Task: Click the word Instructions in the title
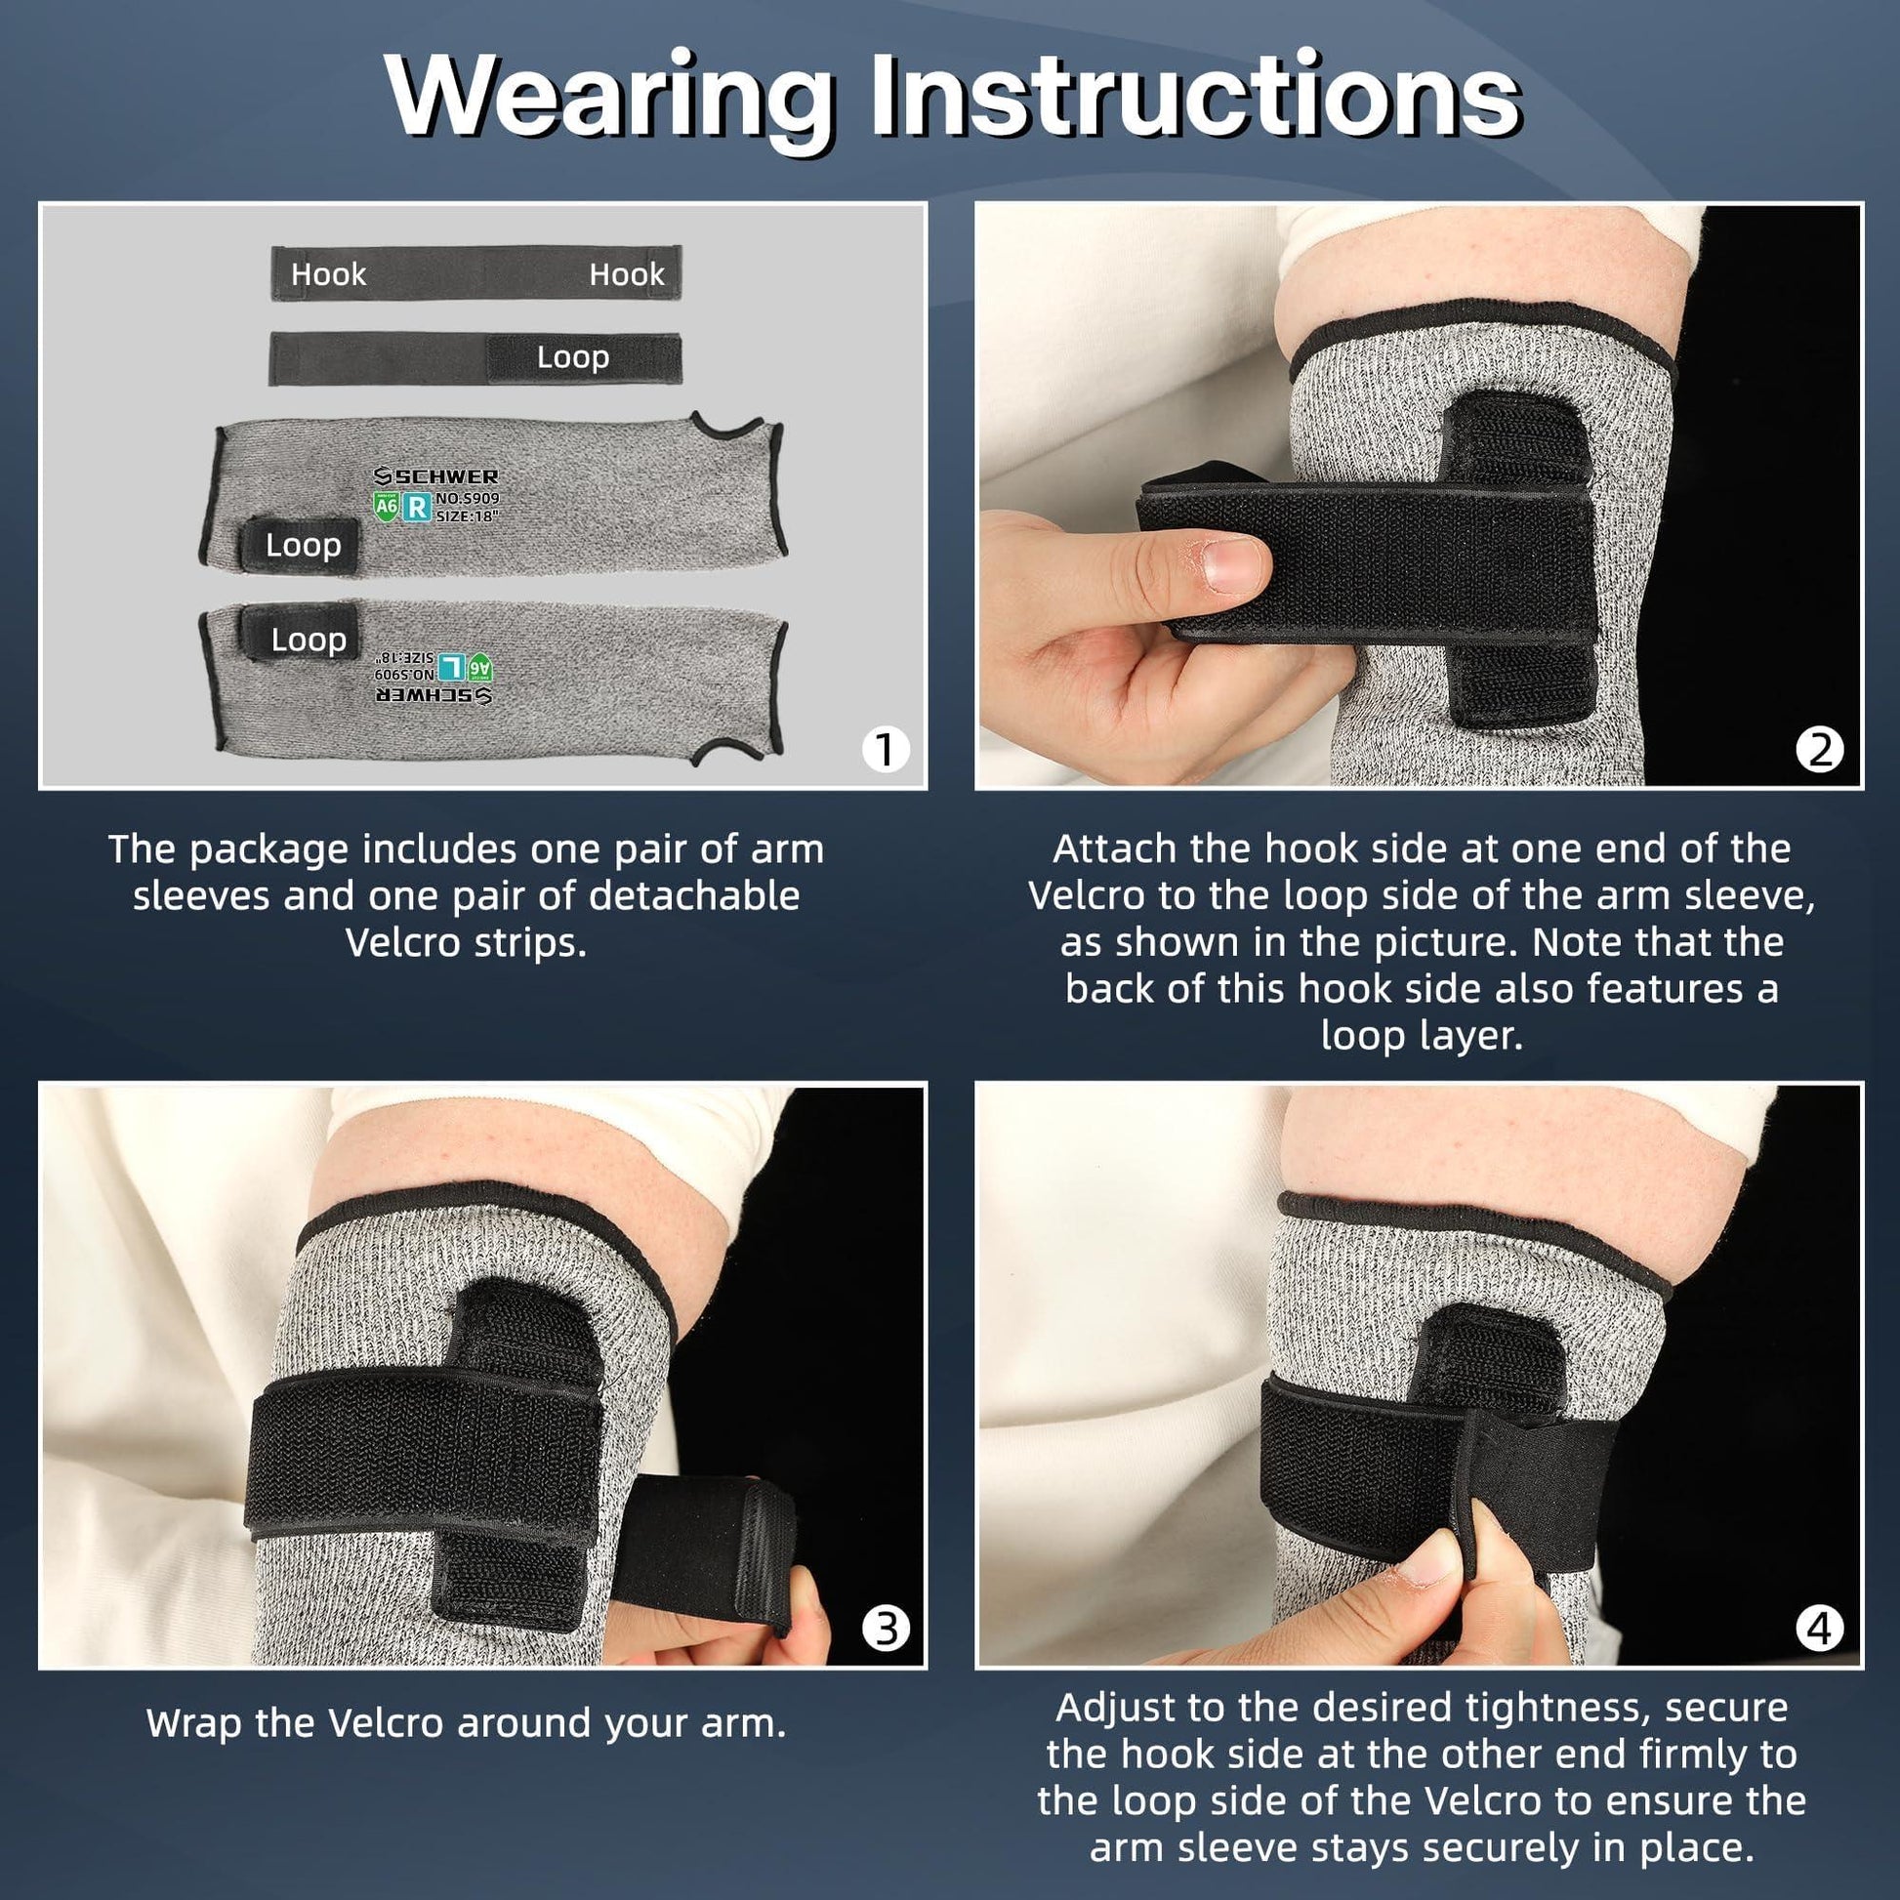pyautogui.click(x=1194, y=97)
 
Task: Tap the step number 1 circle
pyautogui.click(x=885, y=751)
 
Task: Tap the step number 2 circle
pyautogui.click(x=1819, y=751)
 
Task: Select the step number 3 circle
pyautogui.click(x=885, y=1629)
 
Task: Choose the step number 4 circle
pyautogui.click(x=1819, y=1629)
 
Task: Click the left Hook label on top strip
pyautogui.click(x=328, y=274)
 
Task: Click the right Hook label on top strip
pyautogui.click(x=627, y=274)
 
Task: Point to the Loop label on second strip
pyautogui.click(x=572, y=358)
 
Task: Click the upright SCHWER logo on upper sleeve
pyautogui.click(x=436, y=477)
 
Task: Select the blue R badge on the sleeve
pyautogui.click(x=418, y=508)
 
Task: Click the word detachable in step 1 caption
pyautogui.click(x=693, y=896)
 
